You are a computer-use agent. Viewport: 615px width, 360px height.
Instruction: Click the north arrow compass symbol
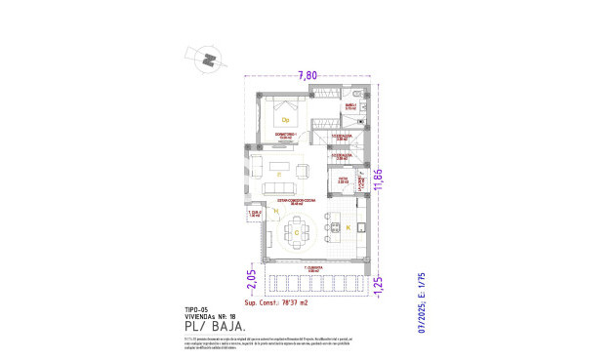(209, 60)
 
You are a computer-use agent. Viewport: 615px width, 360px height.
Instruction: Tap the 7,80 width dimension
(307, 74)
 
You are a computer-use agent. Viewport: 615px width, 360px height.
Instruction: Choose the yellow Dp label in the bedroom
(286, 119)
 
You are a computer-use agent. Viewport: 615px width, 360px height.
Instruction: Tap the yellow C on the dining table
(296, 233)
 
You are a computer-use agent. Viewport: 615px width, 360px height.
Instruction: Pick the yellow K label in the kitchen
(348, 227)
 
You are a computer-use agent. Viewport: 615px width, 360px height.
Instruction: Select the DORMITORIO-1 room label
(285, 136)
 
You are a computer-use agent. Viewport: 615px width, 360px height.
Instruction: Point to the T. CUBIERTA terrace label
(312, 266)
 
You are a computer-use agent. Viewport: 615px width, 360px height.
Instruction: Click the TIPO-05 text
(197, 308)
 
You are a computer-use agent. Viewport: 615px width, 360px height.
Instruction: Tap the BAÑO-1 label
(349, 106)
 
